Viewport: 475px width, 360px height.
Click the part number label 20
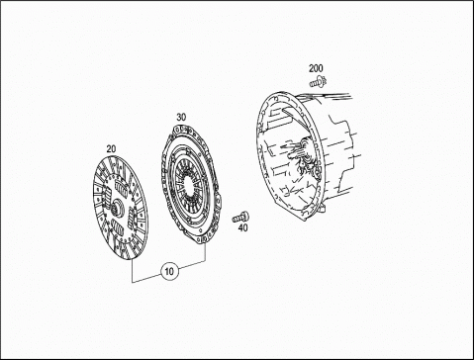click(x=111, y=149)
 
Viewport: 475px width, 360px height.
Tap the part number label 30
click(x=181, y=117)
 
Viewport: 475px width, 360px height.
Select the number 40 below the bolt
click(x=243, y=227)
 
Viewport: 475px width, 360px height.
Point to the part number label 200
click(x=316, y=68)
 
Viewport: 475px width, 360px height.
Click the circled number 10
click(x=169, y=271)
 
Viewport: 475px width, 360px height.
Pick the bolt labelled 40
click(x=240, y=218)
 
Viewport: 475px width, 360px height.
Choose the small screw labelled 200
click(x=318, y=81)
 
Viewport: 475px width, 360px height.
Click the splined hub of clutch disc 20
click(x=117, y=208)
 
